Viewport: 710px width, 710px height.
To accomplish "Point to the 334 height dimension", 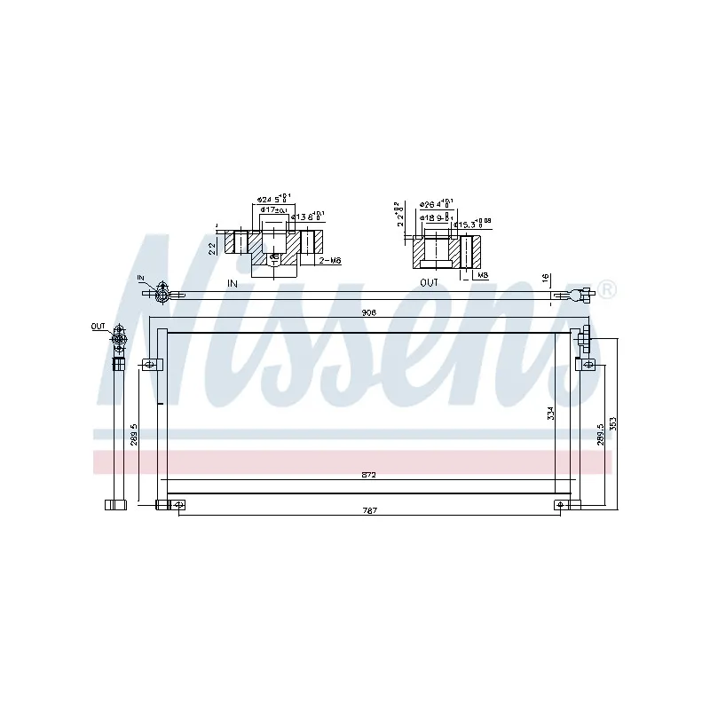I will (551, 414).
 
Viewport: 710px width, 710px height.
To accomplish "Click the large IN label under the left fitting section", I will (233, 283).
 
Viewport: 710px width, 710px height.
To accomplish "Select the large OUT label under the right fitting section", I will (430, 283).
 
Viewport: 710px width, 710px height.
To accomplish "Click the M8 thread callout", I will (483, 275).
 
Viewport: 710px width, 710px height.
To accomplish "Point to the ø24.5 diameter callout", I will (268, 199).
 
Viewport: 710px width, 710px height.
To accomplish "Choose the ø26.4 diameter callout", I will (436, 203).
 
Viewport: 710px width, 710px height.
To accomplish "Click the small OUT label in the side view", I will (97, 327).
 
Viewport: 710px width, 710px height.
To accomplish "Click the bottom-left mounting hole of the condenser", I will (179, 505).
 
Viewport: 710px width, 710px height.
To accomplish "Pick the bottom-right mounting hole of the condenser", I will (561, 505).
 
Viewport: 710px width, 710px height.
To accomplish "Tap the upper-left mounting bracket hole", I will (150, 363).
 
